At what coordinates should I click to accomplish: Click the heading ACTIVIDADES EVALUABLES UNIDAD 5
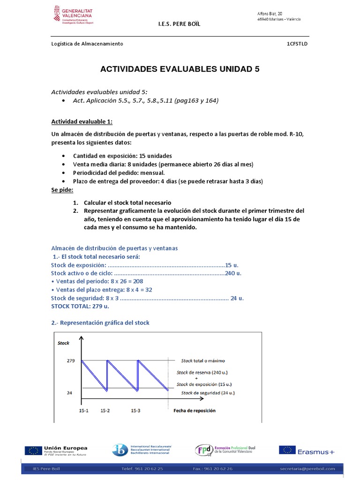click(x=180, y=69)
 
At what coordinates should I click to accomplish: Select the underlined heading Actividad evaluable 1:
click(x=82, y=122)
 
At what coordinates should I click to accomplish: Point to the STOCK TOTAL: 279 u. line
click(x=80, y=306)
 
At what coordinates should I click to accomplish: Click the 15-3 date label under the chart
click(x=136, y=411)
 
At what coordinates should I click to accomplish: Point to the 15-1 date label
click(x=77, y=411)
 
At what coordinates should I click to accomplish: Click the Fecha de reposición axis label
click(x=195, y=411)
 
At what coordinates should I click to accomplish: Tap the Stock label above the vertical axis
click(x=63, y=343)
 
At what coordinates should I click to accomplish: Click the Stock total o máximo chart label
click(x=203, y=361)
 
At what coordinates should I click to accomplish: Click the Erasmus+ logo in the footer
click(x=307, y=450)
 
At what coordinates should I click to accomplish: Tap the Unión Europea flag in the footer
click(x=32, y=450)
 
